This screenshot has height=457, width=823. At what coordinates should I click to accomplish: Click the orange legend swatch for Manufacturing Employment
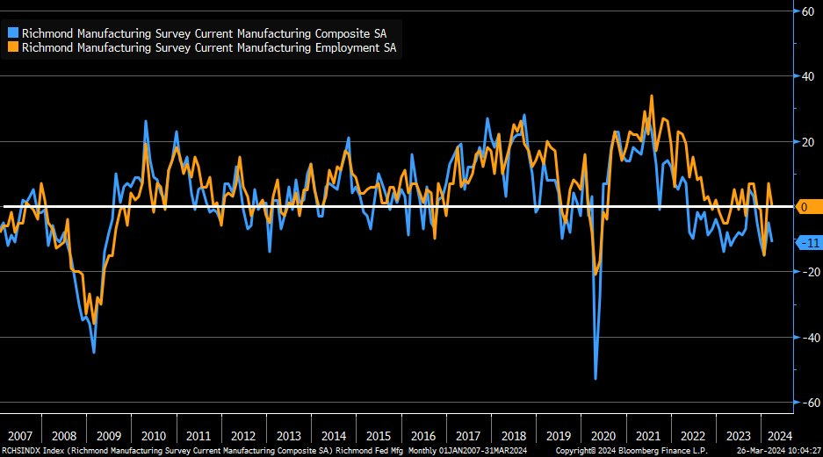pyautogui.click(x=13, y=48)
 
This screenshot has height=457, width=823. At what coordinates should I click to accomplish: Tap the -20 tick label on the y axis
pyautogui.click(x=805, y=272)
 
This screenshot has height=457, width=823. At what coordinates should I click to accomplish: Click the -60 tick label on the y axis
pyautogui.click(x=805, y=403)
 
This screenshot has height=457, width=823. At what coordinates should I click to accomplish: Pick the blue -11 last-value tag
pyautogui.click(x=808, y=242)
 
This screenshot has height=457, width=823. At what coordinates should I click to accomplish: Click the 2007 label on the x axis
pyautogui.click(x=19, y=436)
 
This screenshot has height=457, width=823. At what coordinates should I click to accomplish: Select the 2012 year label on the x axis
pyautogui.click(x=243, y=436)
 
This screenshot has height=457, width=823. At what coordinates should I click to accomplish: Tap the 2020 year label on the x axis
pyautogui.click(x=602, y=436)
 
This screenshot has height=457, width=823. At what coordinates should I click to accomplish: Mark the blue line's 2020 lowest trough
pyautogui.click(x=596, y=379)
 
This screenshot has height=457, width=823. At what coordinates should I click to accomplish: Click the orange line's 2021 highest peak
pyautogui.click(x=651, y=96)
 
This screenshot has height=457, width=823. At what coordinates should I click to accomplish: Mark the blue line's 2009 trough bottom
pyautogui.click(x=94, y=352)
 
